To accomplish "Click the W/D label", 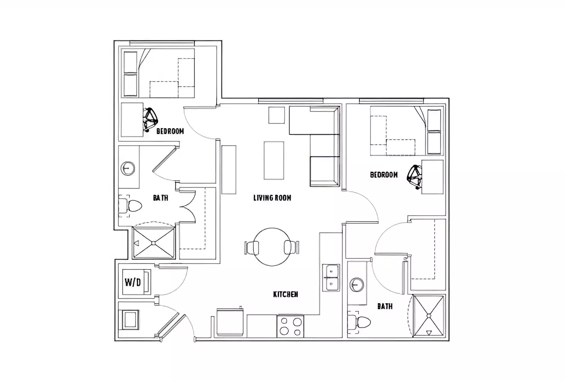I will (x=132, y=282).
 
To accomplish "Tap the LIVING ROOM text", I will (x=272, y=198).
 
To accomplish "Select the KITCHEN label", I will (x=285, y=294).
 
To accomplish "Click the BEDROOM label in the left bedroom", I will (x=170, y=131).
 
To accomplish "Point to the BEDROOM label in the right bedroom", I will (x=384, y=175).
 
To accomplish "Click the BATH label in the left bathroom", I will (x=160, y=198).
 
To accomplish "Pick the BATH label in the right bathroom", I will (x=385, y=306).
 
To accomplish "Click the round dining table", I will (x=272, y=247).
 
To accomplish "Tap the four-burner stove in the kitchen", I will (x=290, y=326).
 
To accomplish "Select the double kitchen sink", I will (x=331, y=278).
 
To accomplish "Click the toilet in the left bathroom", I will (x=133, y=206).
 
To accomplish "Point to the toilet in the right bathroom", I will (x=363, y=323).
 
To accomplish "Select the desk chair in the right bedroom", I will (x=415, y=175).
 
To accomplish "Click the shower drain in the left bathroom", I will (x=154, y=243).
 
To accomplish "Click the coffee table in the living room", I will (x=274, y=161).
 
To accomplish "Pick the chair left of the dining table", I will (x=253, y=247).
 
